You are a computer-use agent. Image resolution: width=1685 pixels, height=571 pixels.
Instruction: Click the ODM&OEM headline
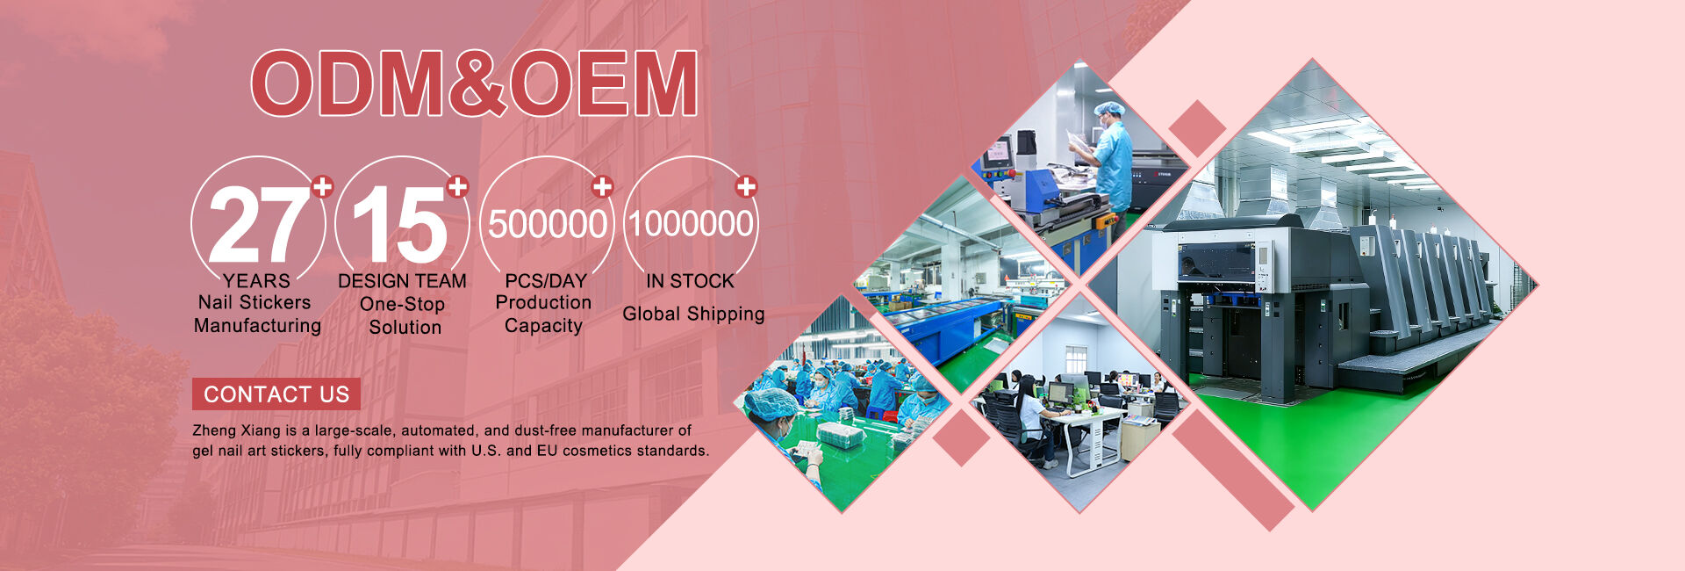pos(475,83)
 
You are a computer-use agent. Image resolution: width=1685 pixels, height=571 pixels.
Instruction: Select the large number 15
pos(400,225)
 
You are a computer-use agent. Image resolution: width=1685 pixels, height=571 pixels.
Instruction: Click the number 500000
pos(548,224)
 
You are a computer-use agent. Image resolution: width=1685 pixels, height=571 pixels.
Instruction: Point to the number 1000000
pos(691,223)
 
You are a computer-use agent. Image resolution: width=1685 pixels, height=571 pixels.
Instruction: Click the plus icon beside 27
pos(323,186)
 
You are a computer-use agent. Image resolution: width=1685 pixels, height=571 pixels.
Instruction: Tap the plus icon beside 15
pos(457,186)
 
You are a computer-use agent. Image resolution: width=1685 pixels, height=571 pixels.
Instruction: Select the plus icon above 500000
pos(601,186)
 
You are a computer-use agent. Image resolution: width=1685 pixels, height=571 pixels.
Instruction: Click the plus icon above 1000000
pos(746,186)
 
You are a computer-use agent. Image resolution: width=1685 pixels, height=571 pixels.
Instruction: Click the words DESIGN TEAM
pos(402,281)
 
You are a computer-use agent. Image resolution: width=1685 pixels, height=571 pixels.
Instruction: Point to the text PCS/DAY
pos(546,281)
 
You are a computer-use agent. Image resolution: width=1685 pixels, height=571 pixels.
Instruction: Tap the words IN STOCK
pos(690,281)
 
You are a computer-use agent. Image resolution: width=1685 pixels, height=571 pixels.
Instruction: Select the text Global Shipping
pos(693,314)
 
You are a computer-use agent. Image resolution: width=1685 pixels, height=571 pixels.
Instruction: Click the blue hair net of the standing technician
pos(1109,109)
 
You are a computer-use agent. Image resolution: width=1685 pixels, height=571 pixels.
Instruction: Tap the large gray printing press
pos(1316,299)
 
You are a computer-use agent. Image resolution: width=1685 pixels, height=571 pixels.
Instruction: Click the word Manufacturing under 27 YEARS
pos(257,326)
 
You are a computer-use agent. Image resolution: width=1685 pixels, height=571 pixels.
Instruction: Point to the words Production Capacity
pos(543,314)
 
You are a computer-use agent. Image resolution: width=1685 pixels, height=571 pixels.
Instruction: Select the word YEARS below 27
pos(256,281)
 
